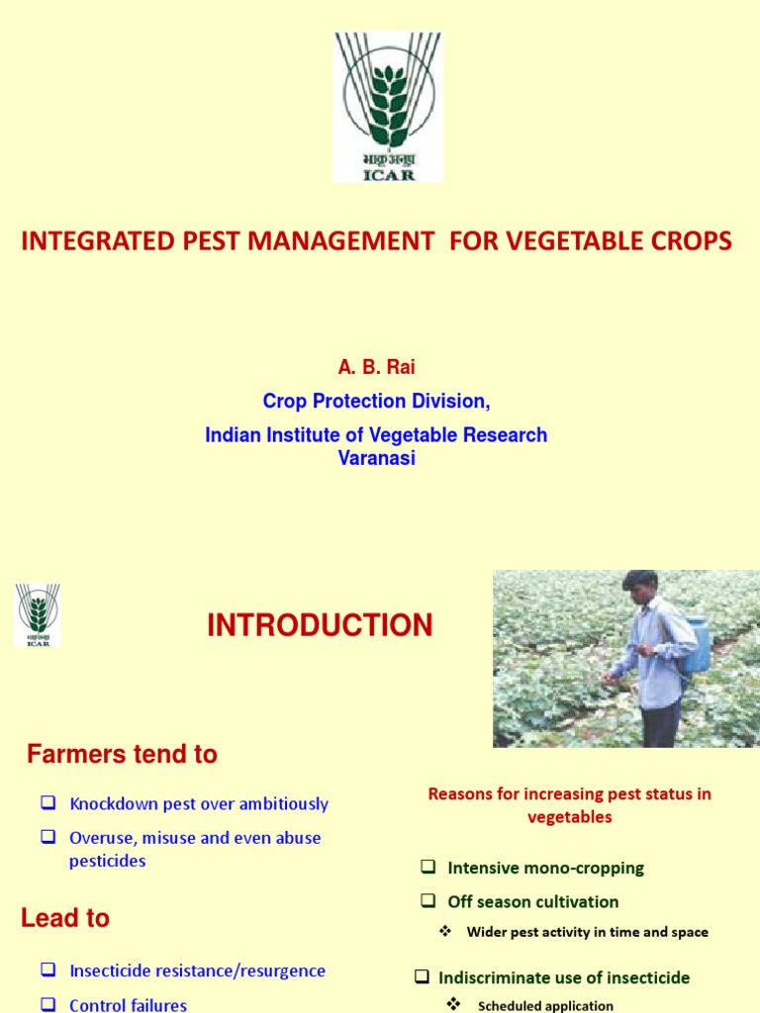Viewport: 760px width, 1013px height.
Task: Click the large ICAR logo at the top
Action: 388,106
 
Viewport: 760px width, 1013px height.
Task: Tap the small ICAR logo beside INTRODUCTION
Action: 38,614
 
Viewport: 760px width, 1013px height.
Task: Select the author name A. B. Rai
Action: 376,367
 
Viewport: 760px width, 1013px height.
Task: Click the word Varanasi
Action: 376,459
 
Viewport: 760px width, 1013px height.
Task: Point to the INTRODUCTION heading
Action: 320,625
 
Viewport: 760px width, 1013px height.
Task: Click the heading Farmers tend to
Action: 122,754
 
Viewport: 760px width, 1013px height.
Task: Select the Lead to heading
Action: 65,918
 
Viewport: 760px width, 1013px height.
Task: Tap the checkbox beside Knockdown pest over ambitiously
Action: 47,803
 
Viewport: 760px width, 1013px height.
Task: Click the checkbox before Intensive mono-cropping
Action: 427,868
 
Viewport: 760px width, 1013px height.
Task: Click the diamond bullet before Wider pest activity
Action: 445,931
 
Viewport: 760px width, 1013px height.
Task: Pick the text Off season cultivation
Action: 532,901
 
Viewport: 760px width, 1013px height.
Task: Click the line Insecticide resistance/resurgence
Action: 197,970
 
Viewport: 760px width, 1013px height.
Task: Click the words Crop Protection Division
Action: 375,401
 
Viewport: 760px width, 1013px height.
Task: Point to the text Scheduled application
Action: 545,1006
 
